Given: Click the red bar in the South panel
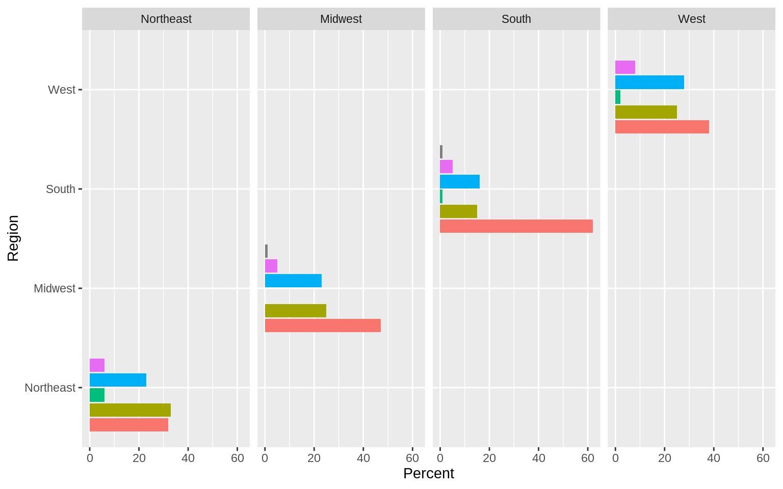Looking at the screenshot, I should [516, 226].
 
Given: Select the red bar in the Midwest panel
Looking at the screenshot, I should [323, 325].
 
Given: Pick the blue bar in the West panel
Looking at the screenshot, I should [649, 83].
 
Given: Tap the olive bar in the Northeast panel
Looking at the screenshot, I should [130, 410].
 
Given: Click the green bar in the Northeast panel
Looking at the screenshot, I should [97, 395].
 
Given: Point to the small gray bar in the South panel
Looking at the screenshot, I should [441, 152].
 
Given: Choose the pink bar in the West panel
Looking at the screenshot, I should [625, 67].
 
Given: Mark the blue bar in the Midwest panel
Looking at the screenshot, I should [293, 281].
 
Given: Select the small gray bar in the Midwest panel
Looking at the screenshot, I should [266, 251].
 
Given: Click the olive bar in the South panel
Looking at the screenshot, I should [458, 211].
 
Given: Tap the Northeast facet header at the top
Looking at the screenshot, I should [166, 19].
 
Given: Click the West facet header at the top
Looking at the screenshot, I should [691, 19].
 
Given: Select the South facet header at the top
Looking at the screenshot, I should [516, 19].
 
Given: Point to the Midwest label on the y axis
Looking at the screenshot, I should [54, 288].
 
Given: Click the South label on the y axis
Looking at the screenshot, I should [60, 189].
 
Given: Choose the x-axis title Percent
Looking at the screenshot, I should [428, 474].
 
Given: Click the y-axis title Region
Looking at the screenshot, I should [13, 238].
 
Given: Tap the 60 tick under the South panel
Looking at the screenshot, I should [587, 458].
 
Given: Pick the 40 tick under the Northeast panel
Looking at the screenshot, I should [188, 458].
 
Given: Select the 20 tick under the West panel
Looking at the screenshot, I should [664, 458].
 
